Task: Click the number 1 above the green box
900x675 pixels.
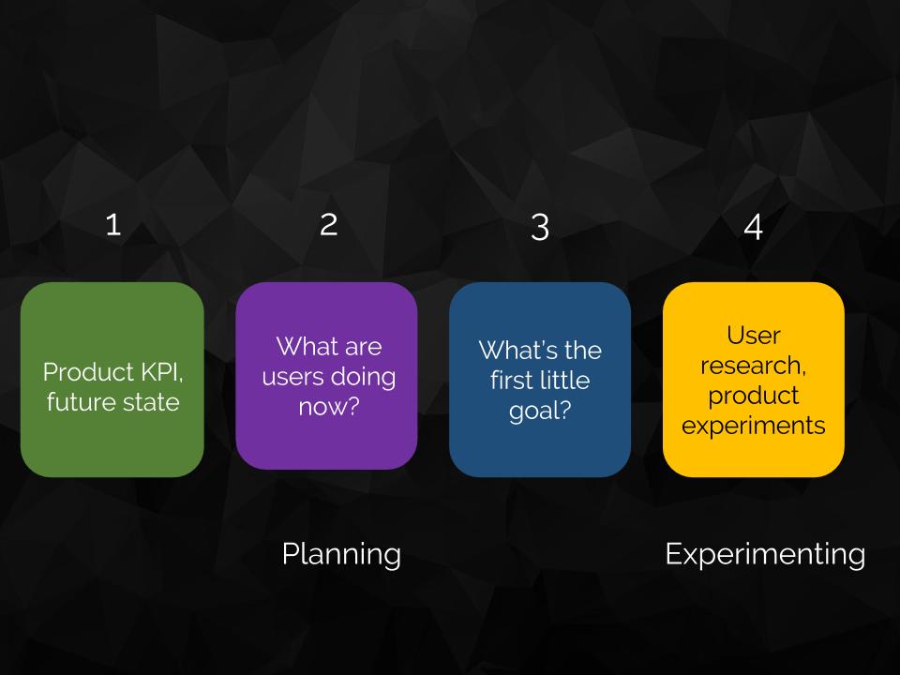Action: click(x=113, y=224)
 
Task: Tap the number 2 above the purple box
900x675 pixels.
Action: click(x=329, y=224)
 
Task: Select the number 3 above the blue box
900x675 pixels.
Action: click(x=540, y=227)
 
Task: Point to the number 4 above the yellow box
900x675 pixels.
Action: click(x=754, y=227)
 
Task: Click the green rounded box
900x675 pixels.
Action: click(x=112, y=380)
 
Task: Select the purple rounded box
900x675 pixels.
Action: click(x=326, y=376)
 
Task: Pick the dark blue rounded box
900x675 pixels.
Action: click(x=540, y=380)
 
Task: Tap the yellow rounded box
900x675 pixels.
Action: click(x=754, y=380)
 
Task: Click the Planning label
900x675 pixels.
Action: click(x=341, y=555)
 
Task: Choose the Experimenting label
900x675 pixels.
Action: click(x=765, y=555)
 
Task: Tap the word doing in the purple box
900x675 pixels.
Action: click(x=364, y=377)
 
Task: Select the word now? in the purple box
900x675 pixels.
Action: click(x=329, y=407)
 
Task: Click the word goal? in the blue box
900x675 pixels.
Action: click(x=540, y=411)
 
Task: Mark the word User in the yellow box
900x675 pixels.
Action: click(x=754, y=336)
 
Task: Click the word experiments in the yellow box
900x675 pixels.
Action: click(x=754, y=427)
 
